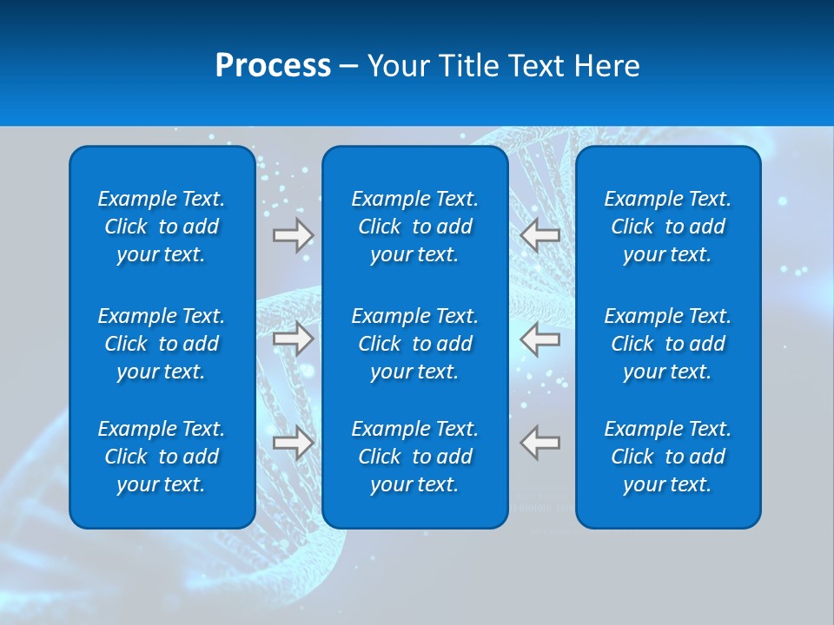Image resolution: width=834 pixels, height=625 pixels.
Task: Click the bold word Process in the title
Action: [x=273, y=66]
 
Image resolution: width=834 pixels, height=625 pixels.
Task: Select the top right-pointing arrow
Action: [x=294, y=234]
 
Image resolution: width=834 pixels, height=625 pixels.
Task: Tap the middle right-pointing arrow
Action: [x=294, y=339]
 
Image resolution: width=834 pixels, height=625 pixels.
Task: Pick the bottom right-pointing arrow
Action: [x=294, y=443]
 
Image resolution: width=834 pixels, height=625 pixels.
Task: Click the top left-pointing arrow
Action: [x=539, y=234]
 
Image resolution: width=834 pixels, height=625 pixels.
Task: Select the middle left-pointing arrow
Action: [x=539, y=339]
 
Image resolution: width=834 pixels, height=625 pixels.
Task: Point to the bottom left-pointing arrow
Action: [x=539, y=443]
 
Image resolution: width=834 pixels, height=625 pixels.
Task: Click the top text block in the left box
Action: [x=162, y=227]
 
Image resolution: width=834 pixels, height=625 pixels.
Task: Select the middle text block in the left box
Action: [x=162, y=344]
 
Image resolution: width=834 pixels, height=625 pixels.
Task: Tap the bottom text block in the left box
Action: [x=162, y=457]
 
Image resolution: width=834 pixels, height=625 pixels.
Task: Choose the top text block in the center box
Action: [x=415, y=227]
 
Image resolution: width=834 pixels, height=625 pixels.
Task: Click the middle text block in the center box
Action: [x=415, y=344]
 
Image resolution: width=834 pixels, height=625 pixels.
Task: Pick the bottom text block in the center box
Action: [x=415, y=457]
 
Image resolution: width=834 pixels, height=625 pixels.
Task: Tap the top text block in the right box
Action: [x=668, y=227]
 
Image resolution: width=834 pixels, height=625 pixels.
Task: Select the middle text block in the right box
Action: [x=668, y=344]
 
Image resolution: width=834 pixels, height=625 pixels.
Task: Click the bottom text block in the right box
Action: [x=668, y=457]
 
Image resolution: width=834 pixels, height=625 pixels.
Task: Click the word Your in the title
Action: [x=398, y=66]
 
